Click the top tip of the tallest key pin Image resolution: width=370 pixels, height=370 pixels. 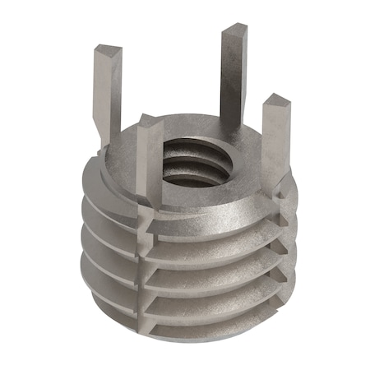coord(233,30)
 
